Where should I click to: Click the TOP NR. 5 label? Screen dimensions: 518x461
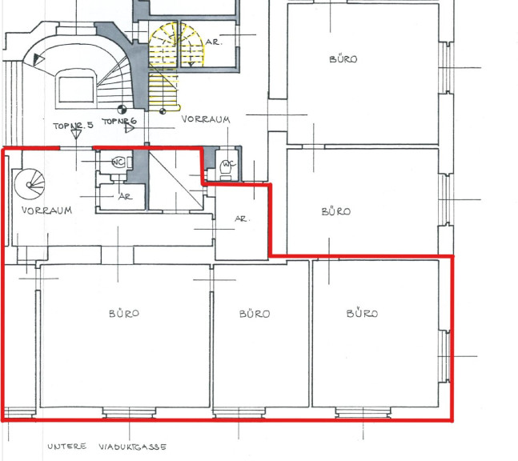click(74, 126)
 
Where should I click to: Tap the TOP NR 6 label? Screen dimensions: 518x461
click(119, 121)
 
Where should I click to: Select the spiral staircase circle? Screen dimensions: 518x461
click(30, 184)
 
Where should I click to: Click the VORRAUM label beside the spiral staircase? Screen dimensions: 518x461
click(46, 210)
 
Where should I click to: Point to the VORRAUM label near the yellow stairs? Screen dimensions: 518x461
click(206, 119)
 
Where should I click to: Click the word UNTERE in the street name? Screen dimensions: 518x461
click(66, 447)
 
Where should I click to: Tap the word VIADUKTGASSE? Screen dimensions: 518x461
click(132, 447)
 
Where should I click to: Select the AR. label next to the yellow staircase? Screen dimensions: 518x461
click(214, 42)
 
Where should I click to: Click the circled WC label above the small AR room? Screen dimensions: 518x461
click(118, 162)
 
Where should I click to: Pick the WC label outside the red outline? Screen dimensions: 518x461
click(229, 164)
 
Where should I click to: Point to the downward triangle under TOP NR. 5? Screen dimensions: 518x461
click(76, 134)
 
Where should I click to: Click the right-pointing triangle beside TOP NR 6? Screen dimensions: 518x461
click(130, 128)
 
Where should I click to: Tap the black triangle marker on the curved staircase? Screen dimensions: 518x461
click(38, 60)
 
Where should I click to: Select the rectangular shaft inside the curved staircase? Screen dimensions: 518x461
click(76, 89)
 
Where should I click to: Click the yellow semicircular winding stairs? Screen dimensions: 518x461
click(176, 44)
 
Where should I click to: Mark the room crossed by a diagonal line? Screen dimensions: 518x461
click(175, 179)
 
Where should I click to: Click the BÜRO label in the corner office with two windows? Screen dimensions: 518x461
click(362, 314)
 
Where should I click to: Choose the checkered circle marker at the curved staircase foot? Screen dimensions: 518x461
click(122, 110)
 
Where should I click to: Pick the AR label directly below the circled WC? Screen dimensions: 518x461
click(125, 197)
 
